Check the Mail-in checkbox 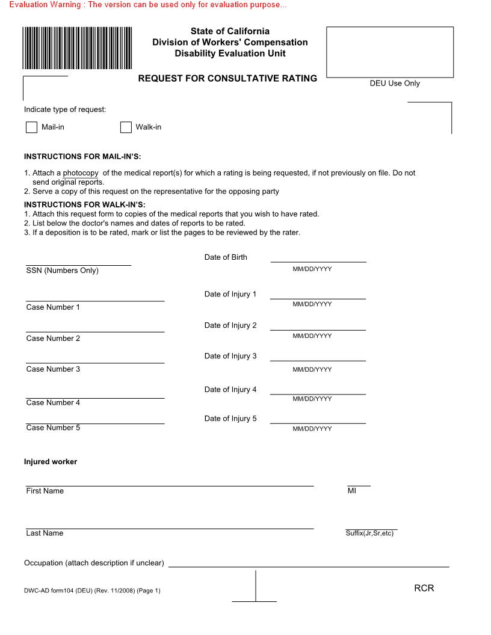click(x=31, y=127)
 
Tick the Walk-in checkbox click(x=126, y=127)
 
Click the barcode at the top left click(x=78, y=48)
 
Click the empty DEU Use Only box click(x=389, y=52)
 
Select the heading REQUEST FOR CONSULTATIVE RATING click(x=227, y=78)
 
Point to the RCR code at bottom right click(x=424, y=588)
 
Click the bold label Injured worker click(x=51, y=462)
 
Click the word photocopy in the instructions click(x=81, y=173)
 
